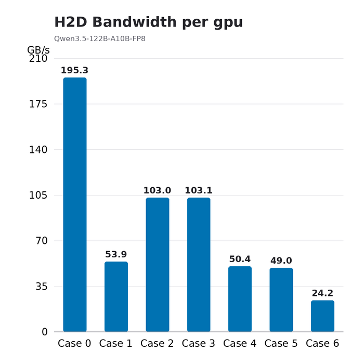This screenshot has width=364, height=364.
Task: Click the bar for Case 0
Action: point(75,204)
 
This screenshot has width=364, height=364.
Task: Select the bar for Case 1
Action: point(116,297)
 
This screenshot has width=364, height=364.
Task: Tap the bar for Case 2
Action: point(158,265)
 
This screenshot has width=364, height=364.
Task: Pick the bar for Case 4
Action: point(240,299)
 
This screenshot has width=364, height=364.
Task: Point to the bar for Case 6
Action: point(322,316)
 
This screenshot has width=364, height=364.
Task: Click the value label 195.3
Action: point(74,70)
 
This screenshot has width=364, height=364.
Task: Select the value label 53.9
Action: point(116,254)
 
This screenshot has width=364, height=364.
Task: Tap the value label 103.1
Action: point(199,190)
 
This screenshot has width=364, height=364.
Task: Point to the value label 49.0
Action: point(281,261)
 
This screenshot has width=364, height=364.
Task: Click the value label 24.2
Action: point(322,293)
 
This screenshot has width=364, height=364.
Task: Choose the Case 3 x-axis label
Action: point(199,343)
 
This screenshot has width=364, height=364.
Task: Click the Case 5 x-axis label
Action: point(281,343)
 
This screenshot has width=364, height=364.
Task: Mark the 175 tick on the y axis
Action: point(38,104)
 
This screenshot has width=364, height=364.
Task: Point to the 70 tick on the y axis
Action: point(42,241)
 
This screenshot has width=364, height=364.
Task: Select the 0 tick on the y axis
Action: point(45,332)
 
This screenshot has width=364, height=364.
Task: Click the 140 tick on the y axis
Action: point(38,150)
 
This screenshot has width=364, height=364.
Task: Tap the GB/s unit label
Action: point(38,50)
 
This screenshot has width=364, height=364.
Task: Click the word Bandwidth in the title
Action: point(134,22)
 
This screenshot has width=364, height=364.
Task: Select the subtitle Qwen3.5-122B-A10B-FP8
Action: point(100,38)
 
